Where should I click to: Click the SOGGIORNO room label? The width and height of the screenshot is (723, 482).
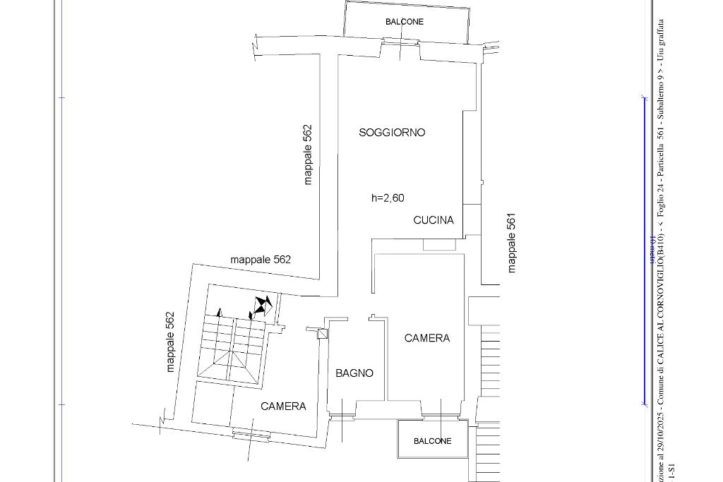click(x=392, y=132)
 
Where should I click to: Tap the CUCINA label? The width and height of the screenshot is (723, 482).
click(x=434, y=220)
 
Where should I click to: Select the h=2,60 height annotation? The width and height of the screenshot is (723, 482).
click(x=388, y=198)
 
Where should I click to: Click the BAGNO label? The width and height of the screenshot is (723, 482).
click(x=354, y=373)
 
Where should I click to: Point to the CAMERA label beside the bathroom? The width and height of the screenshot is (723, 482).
click(x=427, y=338)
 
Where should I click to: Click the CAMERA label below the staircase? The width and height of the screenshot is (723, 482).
click(x=283, y=406)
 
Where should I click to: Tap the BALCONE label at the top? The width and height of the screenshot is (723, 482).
click(x=405, y=22)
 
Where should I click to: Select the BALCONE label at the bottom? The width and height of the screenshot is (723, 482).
click(x=432, y=441)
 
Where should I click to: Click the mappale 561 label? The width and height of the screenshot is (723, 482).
click(x=513, y=243)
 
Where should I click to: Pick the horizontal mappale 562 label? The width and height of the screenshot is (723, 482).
click(x=261, y=260)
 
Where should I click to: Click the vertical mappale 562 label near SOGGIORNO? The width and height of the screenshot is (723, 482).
click(x=308, y=155)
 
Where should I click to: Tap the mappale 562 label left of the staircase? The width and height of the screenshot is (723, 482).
click(x=170, y=342)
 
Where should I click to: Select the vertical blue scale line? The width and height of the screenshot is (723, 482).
click(x=644, y=251)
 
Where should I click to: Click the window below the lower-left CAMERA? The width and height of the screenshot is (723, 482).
click(x=251, y=435)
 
